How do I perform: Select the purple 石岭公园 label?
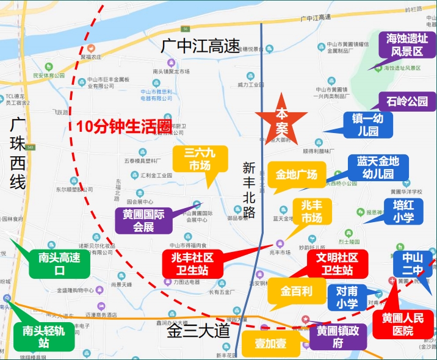pyautogui.click(x=407, y=101)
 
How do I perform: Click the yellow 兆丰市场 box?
pyautogui.click(x=312, y=211)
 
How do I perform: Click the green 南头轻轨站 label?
pyautogui.click(x=43, y=336)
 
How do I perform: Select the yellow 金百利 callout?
pyautogui.click(x=296, y=291)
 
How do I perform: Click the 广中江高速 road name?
pyautogui.click(x=201, y=46)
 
